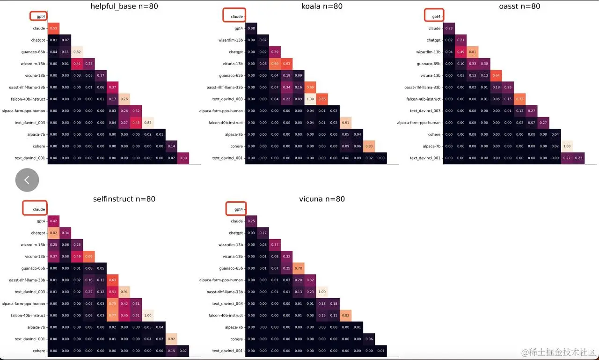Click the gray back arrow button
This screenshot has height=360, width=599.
pyautogui.click(x=27, y=180)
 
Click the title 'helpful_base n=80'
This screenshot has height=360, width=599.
pyautogui.click(x=124, y=6)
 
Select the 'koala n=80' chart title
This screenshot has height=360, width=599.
pyautogui.click(x=322, y=6)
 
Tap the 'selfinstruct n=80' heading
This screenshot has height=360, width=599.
pyautogui.click(x=124, y=199)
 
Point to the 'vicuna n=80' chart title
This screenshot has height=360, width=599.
pyautogui.click(x=322, y=199)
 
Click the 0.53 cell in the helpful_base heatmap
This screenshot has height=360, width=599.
pyautogui.click(x=53, y=29)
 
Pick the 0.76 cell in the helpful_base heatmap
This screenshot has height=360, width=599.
pyautogui.click(x=124, y=99)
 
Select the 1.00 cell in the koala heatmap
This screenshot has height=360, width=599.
pyautogui.click(x=310, y=99)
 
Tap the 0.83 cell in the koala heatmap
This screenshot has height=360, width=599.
pyautogui.click(x=369, y=146)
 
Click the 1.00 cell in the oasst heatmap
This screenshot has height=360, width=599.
pyautogui.click(x=567, y=146)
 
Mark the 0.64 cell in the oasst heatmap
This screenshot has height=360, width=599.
pyautogui.click(x=496, y=75)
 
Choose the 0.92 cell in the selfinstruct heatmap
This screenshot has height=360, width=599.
pyautogui.click(x=172, y=339)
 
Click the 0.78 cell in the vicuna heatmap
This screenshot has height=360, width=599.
pyautogui.click(x=298, y=268)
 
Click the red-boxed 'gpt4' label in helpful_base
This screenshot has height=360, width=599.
pyautogui.click(x=39, y=16)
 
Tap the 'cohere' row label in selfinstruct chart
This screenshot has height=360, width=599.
pyautogui.click(x=39, y=351)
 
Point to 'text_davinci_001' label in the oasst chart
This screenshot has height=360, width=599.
pyautogui.click(x=425, y=158)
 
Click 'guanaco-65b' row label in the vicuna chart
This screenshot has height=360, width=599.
pyautogui.click(x=231, y=268)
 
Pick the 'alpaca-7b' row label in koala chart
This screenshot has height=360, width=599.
pyautogui.click(x=234, y=134)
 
